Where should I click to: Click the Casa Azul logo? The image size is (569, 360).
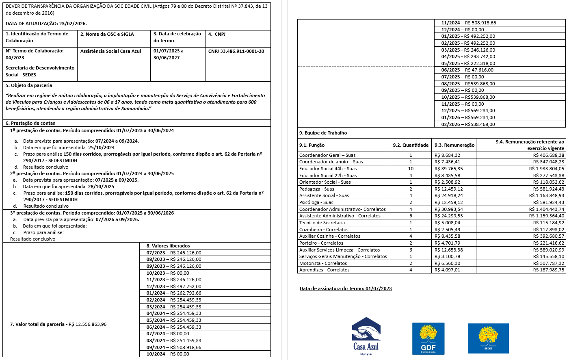366,336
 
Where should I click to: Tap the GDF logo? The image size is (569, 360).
428,338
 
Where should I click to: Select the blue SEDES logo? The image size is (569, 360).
488,338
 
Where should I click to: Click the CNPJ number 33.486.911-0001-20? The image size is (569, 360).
236,51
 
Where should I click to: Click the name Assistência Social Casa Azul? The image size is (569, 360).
110,51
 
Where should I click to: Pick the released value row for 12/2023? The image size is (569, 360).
174,286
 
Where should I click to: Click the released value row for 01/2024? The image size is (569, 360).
174,293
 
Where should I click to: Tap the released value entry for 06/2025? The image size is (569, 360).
467,70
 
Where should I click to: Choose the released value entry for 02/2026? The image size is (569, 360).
468,124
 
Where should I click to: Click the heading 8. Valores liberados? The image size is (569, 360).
168,246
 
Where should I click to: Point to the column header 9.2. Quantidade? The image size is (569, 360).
411,145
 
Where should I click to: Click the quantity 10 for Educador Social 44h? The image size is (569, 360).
411,169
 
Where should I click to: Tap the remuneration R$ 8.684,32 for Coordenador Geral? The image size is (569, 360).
447,155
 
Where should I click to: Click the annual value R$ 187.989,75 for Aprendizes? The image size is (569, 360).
548,270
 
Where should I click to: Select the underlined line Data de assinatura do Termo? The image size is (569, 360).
346,288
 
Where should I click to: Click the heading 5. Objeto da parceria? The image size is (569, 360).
29,85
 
